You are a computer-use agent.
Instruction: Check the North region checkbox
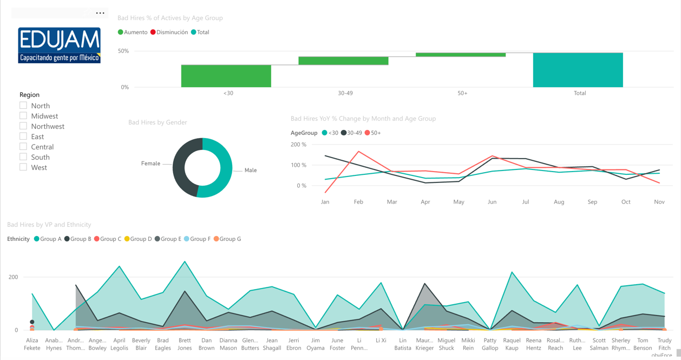(x=23, y=106)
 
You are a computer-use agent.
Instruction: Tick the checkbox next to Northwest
(x=23, y=126)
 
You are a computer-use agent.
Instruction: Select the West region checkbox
(x=23, y=167)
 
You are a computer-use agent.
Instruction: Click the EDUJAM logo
(x=59, y=45)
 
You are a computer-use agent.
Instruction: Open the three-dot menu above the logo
(x=100, y=13)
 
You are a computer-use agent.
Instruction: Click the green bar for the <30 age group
(x=226, y=76)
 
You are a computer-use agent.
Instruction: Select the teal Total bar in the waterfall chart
(x=578, y=70)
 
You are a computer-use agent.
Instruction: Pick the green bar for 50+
(x=460, y=55)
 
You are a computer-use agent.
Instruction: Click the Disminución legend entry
(x=169, y=32)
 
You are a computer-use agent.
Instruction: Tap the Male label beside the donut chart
(x=250, y=171)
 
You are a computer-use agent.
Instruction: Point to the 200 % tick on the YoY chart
(x=298, y=145)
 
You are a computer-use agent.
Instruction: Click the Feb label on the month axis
(x=358, y=202)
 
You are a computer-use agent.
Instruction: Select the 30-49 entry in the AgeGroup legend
(x=351, y=133)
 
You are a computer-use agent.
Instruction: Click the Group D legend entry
(x=138, y=239)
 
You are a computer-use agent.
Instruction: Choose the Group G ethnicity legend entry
(x=228, y=239)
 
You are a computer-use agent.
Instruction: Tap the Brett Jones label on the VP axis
(x=185, y=344)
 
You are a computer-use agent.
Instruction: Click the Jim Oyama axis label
(x=316, y=344)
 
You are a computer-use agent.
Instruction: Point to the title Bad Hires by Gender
(x=158, y=122)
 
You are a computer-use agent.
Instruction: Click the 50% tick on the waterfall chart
(x=123, y=51)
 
